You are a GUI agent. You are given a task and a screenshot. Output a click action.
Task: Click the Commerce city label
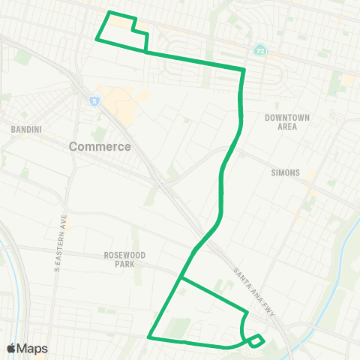click(100, 146)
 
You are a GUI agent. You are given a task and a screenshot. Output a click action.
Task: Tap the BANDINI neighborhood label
click(25, 130)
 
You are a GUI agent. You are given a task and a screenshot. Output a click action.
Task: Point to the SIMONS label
click(286, 172)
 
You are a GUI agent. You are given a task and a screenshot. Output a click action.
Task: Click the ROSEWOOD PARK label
click(124, 259)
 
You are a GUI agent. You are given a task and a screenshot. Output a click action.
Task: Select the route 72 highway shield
click(260, 49)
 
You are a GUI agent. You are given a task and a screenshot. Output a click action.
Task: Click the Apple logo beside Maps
click(11, 348)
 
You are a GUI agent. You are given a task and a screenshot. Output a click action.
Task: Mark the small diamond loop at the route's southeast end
click(256, 340)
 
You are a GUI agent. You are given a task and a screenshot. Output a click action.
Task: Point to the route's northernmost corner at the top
click(110, 13)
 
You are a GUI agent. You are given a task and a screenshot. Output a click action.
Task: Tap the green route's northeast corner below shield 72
click(244, 70)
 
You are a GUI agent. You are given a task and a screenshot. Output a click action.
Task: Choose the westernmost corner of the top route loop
click(97, 39)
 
